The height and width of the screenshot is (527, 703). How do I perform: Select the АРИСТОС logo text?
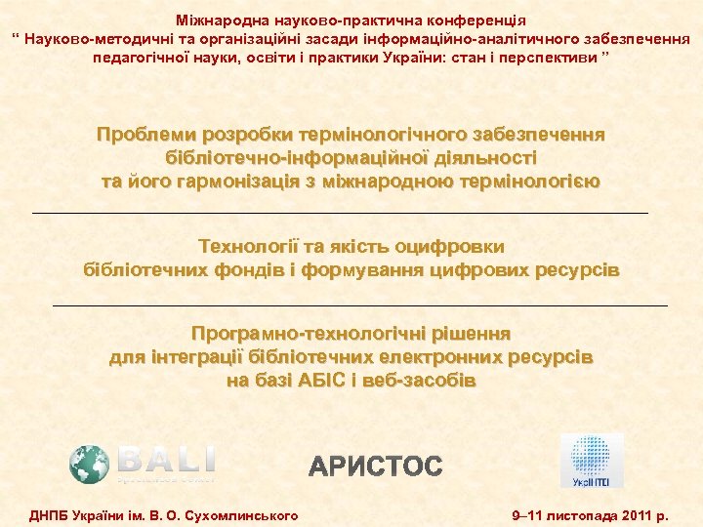[376, 466]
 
